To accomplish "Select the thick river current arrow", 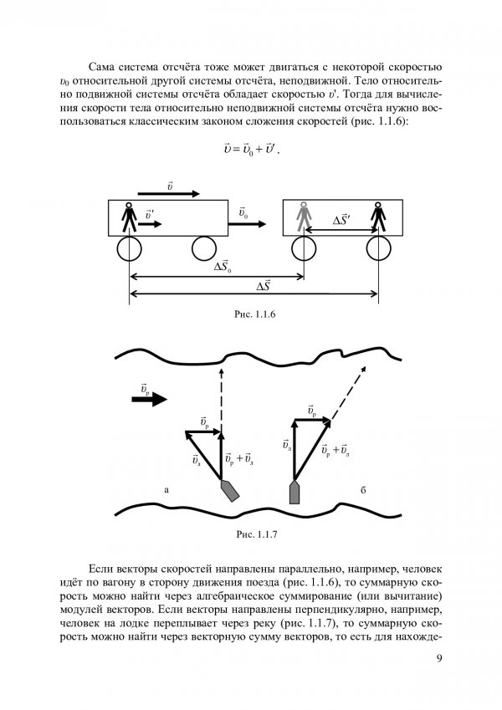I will (150, 400).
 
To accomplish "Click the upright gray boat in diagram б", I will (295, 492).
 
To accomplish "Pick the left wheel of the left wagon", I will (129, 249).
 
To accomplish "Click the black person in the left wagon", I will (129, 218).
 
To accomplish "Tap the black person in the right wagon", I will (379, 218).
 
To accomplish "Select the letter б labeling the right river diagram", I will (363, 488).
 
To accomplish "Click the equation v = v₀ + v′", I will (251, 150).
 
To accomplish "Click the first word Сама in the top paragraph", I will (103, 65).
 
